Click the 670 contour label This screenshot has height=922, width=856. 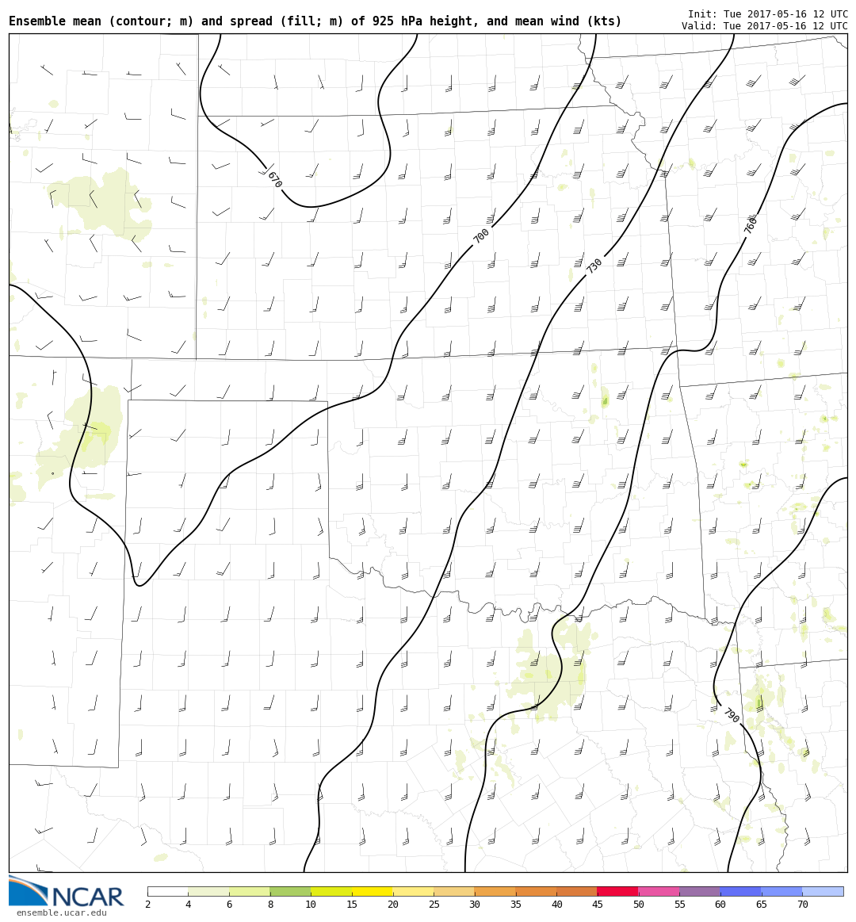(x=274, y=180)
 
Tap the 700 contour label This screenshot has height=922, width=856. (x=481, y=235)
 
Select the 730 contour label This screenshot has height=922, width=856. (x=594, y=266)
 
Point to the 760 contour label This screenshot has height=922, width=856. (x=751, y=224)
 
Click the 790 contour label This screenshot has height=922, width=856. (x=731, y=715)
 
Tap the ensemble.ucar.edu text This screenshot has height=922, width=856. (x=61, y=913)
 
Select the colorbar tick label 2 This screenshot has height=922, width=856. (x=147, y=905)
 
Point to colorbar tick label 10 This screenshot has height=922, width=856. (x=311, y=905)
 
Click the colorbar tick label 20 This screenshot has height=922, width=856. (x=392, y=905)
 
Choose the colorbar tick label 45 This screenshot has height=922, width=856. (x=597, y=905)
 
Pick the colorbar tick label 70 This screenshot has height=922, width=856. (x=802, y=905)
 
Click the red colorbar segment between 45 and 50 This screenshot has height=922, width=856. (x=617, y=891)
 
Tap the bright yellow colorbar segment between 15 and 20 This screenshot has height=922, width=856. (x=373, y=891)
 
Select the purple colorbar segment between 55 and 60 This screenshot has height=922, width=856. (x=699, y=891)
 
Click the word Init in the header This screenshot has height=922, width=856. (x=701, y=14)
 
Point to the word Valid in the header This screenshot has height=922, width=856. (x=698, y=26)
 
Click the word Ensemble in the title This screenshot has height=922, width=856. (x=36, y=21)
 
